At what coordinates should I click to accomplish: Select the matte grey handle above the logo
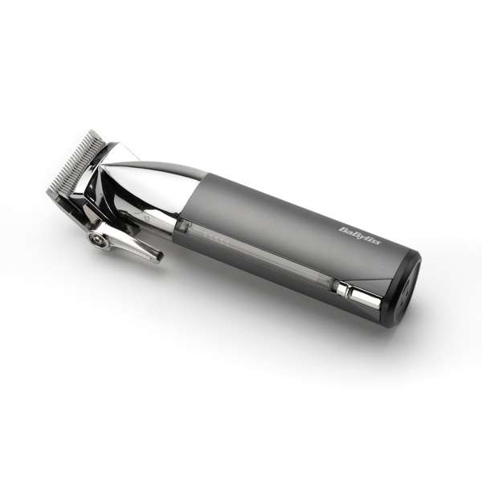tap(321, 209)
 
